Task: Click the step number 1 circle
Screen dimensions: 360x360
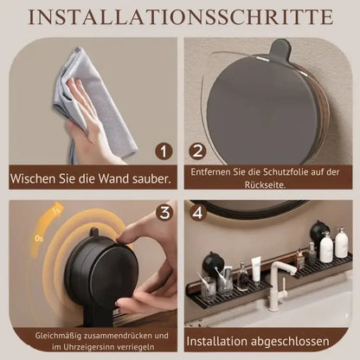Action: pos(164,152)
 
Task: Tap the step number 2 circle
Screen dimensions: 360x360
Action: pos(196,152)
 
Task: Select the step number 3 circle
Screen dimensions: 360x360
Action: pos(164,212)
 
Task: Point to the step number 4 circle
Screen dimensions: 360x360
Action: pos(196,212)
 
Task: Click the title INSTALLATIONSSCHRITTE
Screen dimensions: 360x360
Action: pos(180,17)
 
